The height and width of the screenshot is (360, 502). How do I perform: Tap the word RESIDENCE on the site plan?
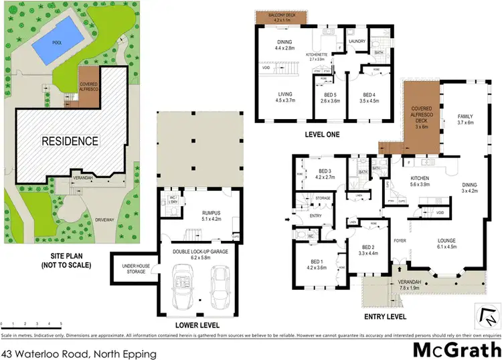[70, 141]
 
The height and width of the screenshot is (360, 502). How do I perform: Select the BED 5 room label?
[327, 95]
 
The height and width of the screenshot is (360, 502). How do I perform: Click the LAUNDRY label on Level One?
[357, 41]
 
